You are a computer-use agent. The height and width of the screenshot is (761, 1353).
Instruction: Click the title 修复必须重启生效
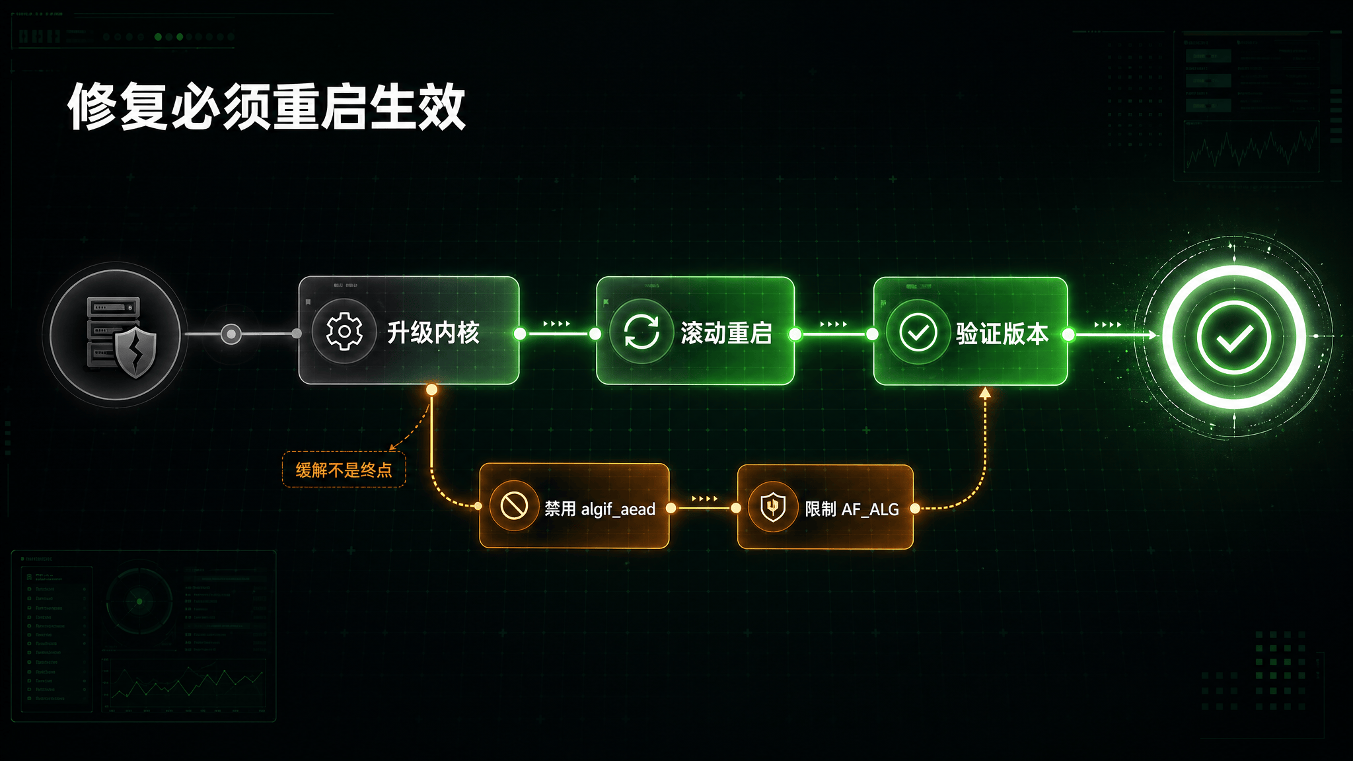(267, 107)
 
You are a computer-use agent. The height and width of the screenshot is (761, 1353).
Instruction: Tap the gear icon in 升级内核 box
(344, 332)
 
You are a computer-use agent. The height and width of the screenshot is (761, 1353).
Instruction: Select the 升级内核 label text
(433, 332)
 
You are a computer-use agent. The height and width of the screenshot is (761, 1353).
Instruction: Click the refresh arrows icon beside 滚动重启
(641, 332)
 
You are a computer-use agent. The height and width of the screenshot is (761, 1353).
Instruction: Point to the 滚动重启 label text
(726, 333)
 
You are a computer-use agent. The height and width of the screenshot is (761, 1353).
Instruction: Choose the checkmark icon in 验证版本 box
(918, 332)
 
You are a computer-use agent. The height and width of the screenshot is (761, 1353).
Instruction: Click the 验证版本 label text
(1002, 334)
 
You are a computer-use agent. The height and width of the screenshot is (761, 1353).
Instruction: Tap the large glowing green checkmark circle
(1233, 337)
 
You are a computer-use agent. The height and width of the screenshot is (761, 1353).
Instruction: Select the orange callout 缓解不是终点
(344, 470)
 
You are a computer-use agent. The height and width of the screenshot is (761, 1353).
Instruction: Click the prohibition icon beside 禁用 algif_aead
(514, 507)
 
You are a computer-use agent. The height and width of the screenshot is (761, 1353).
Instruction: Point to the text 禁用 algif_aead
(599, 509)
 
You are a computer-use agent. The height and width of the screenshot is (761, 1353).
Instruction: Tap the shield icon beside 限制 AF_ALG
(773, 507)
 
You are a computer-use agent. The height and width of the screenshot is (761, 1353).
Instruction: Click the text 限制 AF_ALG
(852, 509)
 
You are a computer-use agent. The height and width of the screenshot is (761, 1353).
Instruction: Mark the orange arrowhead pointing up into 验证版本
(985, 393)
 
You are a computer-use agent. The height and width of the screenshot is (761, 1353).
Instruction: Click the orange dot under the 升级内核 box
(431, 390)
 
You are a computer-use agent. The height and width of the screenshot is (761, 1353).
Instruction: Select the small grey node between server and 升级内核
(231, 334)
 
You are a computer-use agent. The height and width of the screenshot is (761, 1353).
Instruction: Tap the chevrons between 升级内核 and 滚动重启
(556, 324)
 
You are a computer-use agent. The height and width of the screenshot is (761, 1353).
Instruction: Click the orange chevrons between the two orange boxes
(704, 499)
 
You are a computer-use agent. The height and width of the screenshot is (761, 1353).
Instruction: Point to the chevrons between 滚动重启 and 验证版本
(833, 324)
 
